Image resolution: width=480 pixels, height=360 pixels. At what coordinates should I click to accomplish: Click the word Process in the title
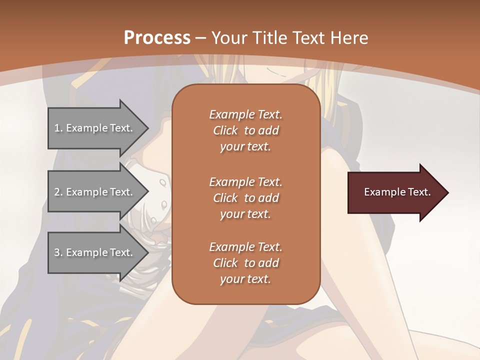[157, 38]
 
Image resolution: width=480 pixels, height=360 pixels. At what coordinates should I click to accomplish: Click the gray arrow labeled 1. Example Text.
[95, 128]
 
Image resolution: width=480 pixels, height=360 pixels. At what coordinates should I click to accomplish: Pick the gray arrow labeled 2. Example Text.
[95, 192]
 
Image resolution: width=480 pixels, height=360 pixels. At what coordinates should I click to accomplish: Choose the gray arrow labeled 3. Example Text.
[95, 252]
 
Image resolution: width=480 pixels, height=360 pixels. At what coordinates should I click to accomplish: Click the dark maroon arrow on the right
[395, 192]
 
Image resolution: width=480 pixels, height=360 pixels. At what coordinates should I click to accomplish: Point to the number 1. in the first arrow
[58, 128]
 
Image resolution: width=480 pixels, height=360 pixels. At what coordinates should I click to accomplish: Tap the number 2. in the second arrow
[58, 192]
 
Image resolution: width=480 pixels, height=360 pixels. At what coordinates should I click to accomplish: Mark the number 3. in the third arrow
[58, 252]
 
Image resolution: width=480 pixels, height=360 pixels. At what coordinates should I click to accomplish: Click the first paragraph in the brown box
[245, 130]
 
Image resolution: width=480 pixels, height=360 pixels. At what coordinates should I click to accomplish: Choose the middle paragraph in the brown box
[245, 197]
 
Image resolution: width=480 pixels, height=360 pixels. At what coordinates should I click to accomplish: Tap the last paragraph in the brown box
[245, 262]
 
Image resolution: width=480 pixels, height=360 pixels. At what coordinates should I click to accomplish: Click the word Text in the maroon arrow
[419, 192]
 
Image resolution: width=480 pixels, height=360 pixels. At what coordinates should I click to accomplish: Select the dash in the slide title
[200, 38]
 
